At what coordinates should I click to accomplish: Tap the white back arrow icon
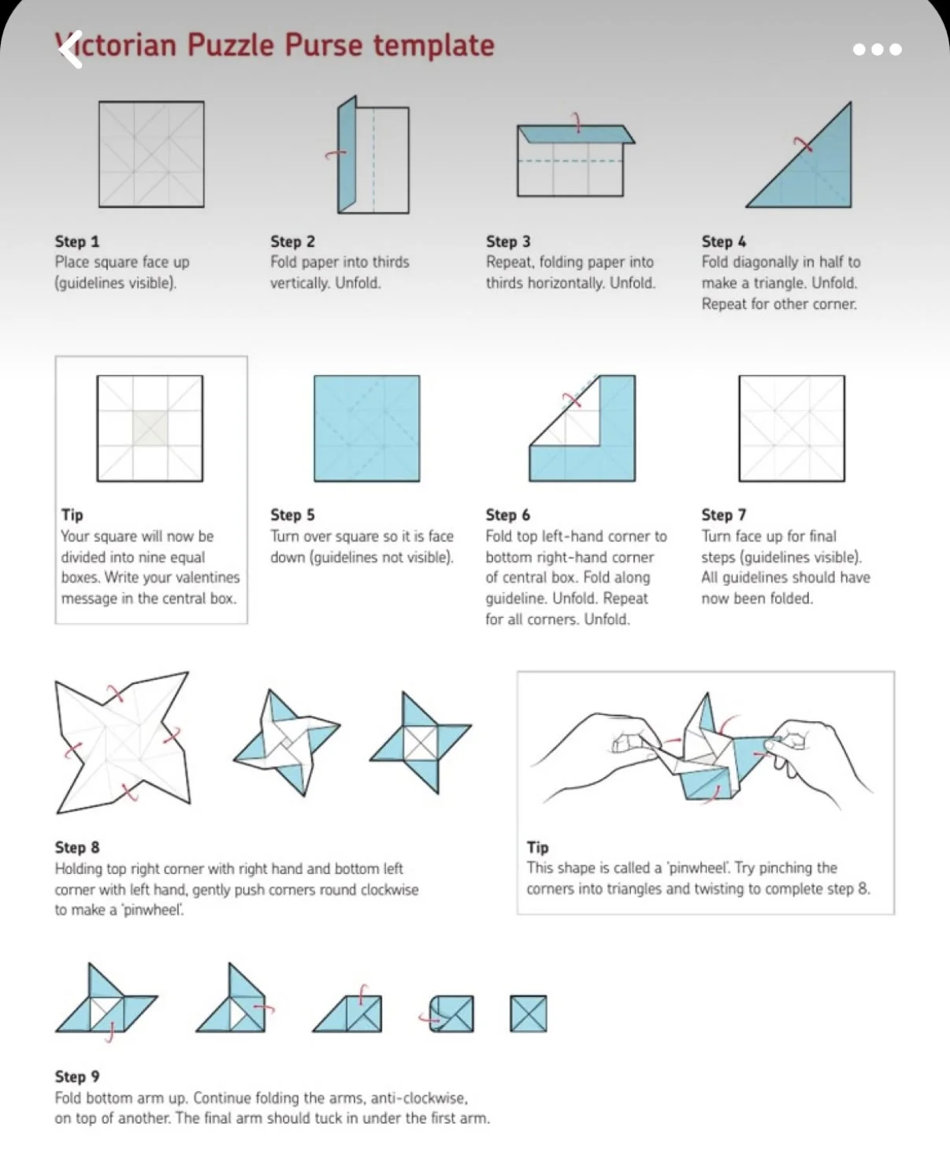pos(70,50)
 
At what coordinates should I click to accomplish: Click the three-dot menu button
pos(877,50)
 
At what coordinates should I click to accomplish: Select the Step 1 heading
pos(77,241)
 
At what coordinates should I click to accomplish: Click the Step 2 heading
pos(292,241)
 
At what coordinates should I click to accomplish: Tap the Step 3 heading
pos(508,241)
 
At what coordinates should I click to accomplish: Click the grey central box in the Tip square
pos(150,428)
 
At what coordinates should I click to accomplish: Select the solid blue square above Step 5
pos(367,429)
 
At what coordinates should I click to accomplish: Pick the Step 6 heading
pos(508,515)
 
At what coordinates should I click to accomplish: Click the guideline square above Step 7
pos(792,429)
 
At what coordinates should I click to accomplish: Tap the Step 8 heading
pos(77,847)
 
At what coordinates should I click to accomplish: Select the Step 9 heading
pos(77,1076)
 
